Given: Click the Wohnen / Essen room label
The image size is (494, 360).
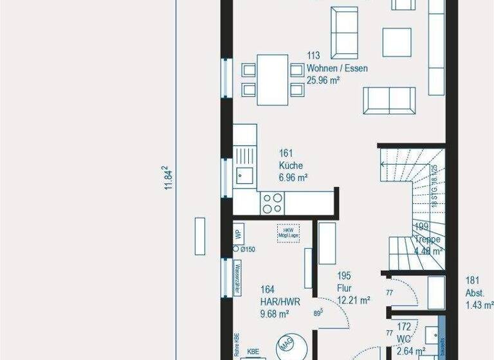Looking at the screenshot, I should [x=337, y=69].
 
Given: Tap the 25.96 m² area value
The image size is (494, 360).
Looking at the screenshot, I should [x=323, y=80].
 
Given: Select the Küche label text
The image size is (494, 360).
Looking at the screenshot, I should [x=291, y=165].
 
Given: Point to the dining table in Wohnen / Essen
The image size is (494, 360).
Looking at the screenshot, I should [x=273, y=79].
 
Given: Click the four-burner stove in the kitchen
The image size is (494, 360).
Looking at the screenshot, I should [x=271, y=203].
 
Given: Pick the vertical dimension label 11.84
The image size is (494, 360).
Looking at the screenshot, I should [x=169, y=178].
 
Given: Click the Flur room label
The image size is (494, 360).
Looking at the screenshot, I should [x=345, y=287].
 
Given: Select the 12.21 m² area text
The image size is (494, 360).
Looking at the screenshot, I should [x=353, y=300].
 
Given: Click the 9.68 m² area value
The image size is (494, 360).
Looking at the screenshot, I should [x=274, y=314].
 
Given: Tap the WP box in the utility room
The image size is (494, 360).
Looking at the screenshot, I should [x=237, y=233].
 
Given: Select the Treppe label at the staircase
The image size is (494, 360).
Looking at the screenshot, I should [x=427, y=239].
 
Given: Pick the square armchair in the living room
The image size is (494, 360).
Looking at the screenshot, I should [x=397, y=42].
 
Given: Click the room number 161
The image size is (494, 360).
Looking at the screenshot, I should [x=286, y=153].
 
